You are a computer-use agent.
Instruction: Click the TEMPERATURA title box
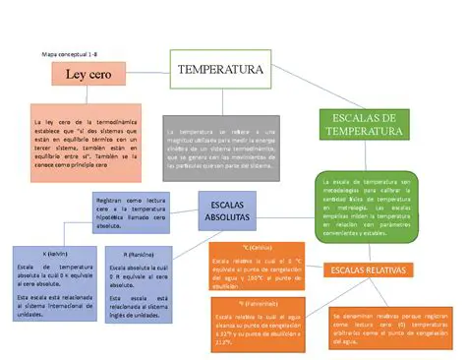tap(220, 71)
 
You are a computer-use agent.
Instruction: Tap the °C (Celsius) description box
tap(255, 263)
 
